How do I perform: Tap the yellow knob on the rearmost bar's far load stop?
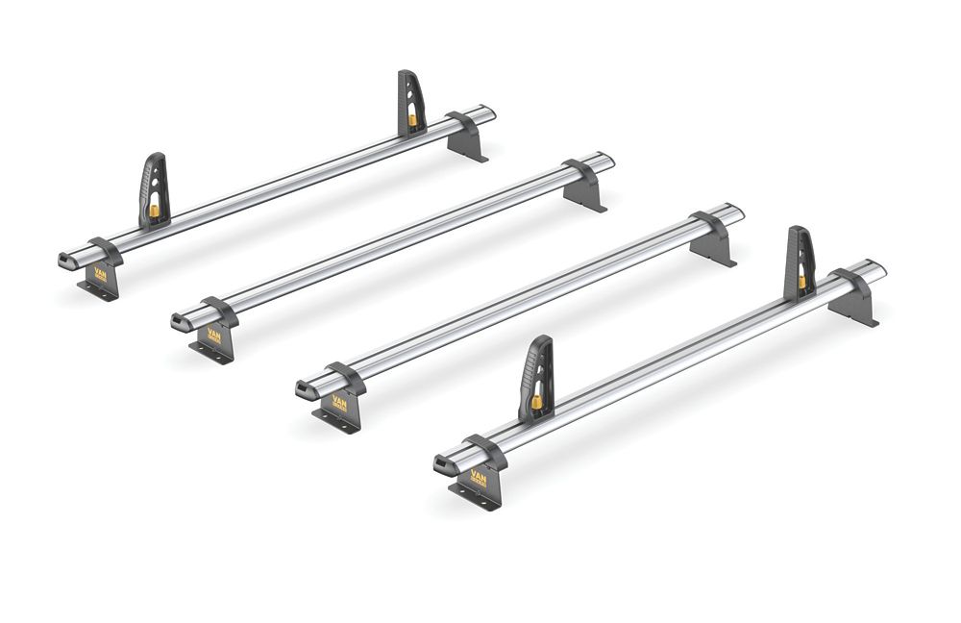click(x=412, y=120)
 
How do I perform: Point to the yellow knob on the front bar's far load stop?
click(x=801, y=282)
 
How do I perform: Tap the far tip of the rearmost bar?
click(x=491, y=112)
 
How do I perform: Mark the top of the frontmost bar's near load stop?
click(x=543, y=340)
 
